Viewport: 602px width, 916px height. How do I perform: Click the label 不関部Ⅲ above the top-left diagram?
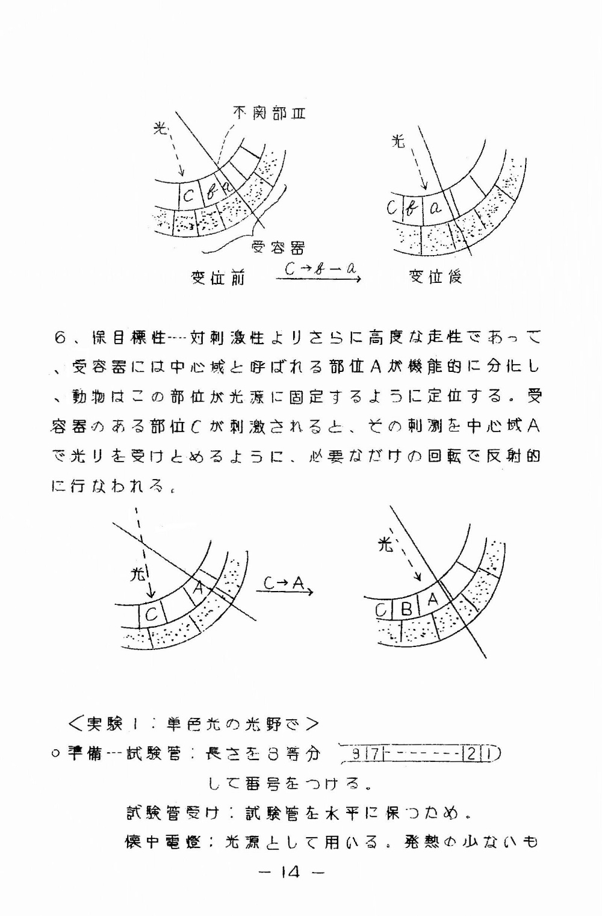(x=269, y=113)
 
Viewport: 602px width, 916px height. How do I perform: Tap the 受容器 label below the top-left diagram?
(x=278, y=247)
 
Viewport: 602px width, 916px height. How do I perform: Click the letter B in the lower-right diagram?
(x=406, y=609)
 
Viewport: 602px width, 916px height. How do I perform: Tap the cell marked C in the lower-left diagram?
(x=152, y=614)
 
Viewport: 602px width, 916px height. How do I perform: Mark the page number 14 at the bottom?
(x=290, y=872)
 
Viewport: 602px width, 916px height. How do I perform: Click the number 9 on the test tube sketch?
(x=357, y=754)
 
